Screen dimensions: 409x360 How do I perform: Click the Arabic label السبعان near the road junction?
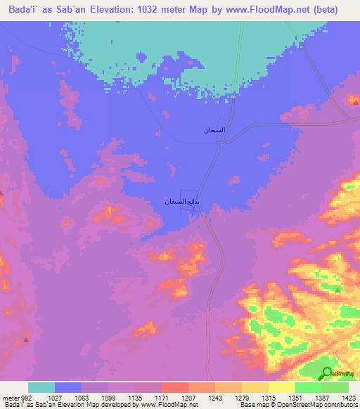coord(214,130)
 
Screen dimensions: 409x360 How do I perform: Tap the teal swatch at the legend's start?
coord(41,387)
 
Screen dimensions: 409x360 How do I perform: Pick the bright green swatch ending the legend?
coord(335,387)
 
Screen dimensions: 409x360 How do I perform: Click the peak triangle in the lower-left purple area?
coord(26,339)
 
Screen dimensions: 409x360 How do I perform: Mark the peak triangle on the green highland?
coord(337,290)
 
